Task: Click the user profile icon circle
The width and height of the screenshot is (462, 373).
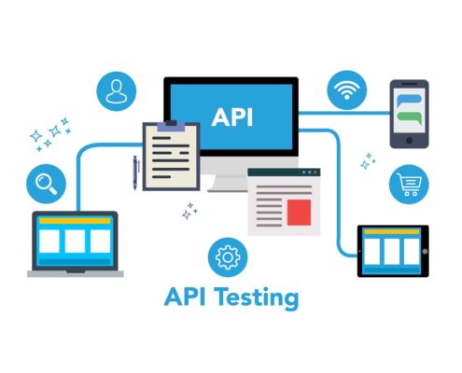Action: (x=117, y=91)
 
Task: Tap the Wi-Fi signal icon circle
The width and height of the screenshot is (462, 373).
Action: (x=346, y=90)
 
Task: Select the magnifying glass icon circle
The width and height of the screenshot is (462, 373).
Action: (x=46, y=184)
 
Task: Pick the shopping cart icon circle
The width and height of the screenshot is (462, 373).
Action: (x=409, y=185)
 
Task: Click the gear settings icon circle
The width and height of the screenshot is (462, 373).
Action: (x=228, y=257)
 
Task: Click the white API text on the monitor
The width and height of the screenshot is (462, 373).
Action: (x=232, y=117)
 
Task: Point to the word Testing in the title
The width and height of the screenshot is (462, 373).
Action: (x=257, y=298)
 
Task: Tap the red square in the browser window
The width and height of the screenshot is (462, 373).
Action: (x=299, y=213)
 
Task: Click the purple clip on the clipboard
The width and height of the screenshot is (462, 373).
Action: (x=171, y=126)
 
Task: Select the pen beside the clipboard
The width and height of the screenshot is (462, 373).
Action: (x=135, y=173)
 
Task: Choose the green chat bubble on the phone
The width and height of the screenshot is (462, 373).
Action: (x=410, y=117)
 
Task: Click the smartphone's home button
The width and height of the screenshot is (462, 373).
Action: (x=410, y=141)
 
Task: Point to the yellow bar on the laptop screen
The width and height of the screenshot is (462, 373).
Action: (x=75, y=221)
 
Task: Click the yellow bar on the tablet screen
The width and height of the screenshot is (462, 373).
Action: (x=392, y=231)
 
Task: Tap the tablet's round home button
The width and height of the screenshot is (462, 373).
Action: (x=425, y=251)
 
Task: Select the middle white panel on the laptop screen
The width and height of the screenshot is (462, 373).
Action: (x=75, y=242)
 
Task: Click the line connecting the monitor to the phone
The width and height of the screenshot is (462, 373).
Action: (x=344, y=113)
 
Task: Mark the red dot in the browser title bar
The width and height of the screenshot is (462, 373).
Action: (x=315, y=173)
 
